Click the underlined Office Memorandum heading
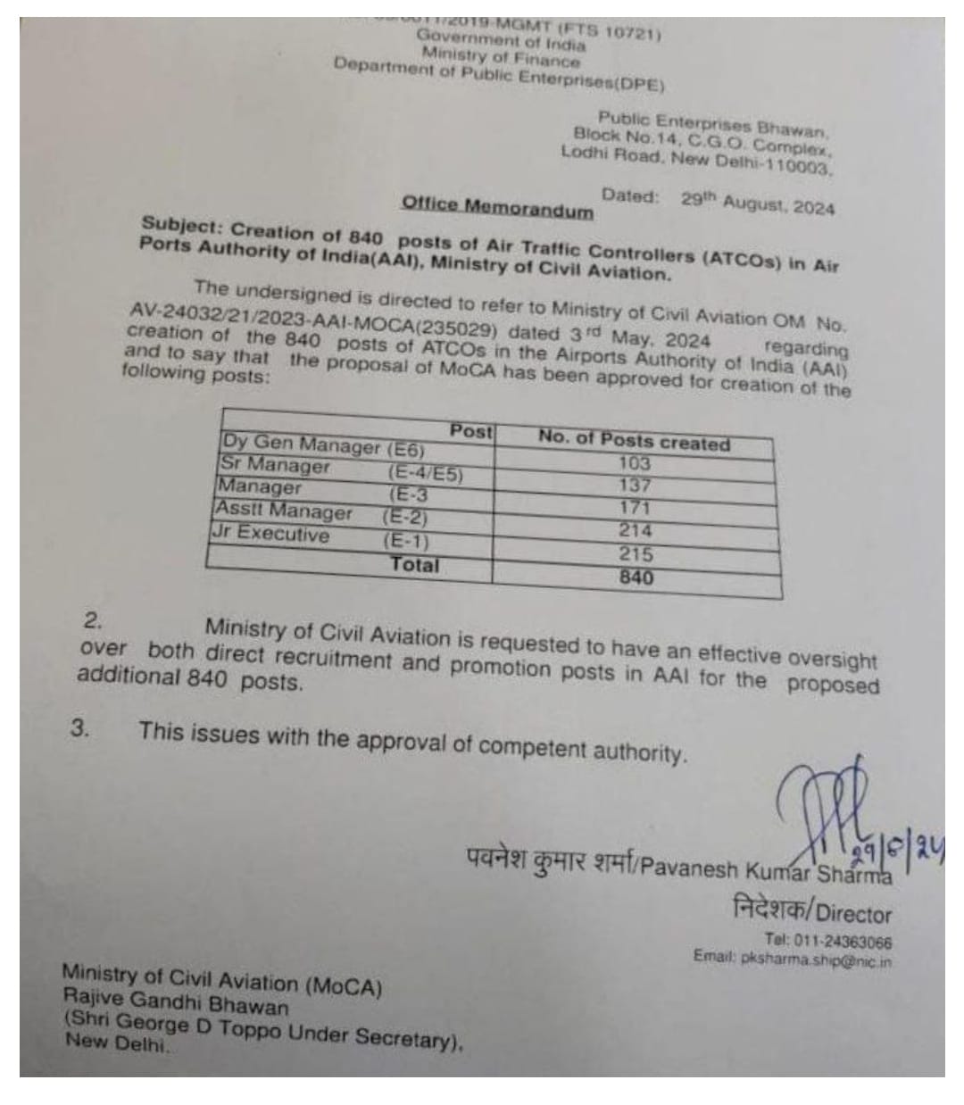coord(497,205)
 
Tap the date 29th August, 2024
coord(758,203)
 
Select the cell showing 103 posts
coord(635,464)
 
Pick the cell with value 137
coord(635,486)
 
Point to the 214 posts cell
coord(636,531)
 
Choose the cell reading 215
coord(636,554)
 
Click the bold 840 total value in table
coord(636,577)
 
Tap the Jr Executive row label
coord(270,535)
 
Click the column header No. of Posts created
coord(634,440)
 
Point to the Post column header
coord(470,432)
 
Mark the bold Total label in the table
coord(415,565)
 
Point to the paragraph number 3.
coord(80,727)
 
